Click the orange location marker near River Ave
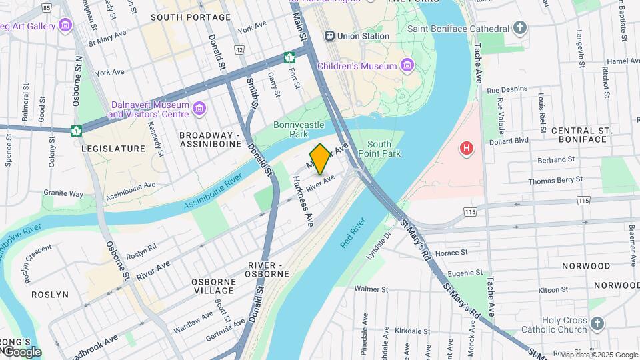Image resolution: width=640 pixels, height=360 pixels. coord(321,159)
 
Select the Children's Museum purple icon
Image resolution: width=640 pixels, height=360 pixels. coord(407,65)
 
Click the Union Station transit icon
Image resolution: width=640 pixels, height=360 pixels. coord(329,35)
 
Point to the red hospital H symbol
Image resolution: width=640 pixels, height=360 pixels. coord(467,147)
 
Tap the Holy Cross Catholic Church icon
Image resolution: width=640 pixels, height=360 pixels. coord(597,323)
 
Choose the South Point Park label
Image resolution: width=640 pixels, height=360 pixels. coord(379,149)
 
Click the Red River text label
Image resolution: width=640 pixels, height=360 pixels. coord(353,233)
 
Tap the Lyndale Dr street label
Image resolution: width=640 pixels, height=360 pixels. coord(379,246)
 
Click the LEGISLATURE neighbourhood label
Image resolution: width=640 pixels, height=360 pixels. coord(113,149)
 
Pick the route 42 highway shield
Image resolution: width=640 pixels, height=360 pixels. coord(239,50)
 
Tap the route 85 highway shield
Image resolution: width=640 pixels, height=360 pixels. coord(46,8)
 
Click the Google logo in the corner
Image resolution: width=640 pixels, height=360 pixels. coord(21,352)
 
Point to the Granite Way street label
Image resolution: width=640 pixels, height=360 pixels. coord(63,194)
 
